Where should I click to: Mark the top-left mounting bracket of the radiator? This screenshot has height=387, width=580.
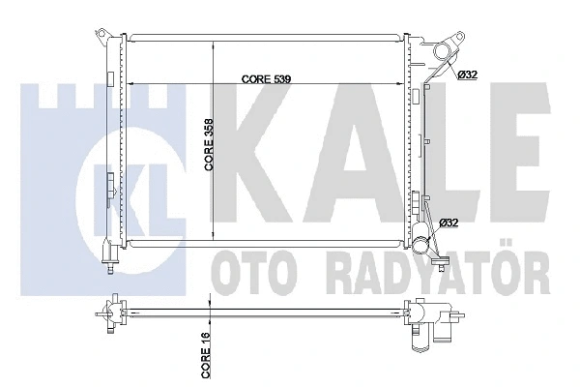(x=102, y=37)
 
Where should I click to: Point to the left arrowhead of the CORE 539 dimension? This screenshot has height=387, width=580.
(x=130, y=84)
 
